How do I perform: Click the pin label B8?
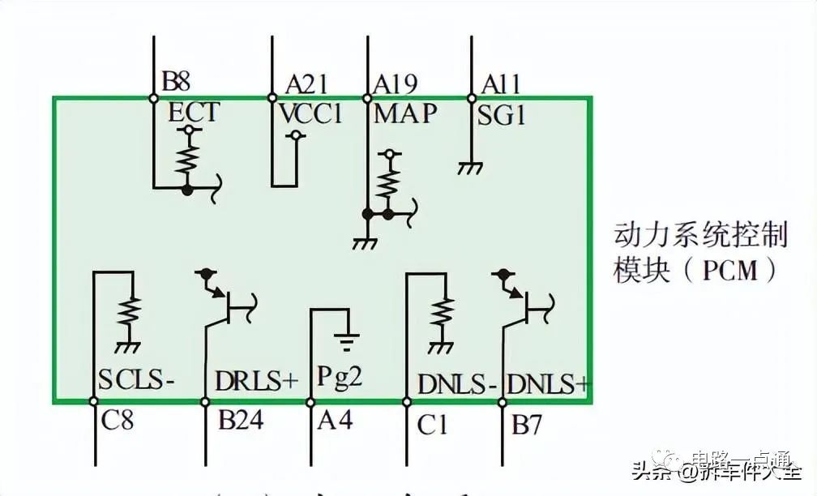pos(176,81)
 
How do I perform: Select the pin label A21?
pos(306,83)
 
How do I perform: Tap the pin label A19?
pos(395,83)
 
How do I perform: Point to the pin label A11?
pos(500,83)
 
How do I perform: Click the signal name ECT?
pos(193,112)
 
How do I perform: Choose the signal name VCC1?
pos(312,113)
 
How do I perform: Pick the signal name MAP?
pos(405,113)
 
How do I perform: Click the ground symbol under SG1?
pos(469,168)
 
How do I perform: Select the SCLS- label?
pos(136,380)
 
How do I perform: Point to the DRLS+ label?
pos(257,381)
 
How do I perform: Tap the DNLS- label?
pos(456,383)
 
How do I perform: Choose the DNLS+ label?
pos(547,383)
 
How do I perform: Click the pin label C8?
pos(118,423)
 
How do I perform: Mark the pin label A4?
pos(335,420)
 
